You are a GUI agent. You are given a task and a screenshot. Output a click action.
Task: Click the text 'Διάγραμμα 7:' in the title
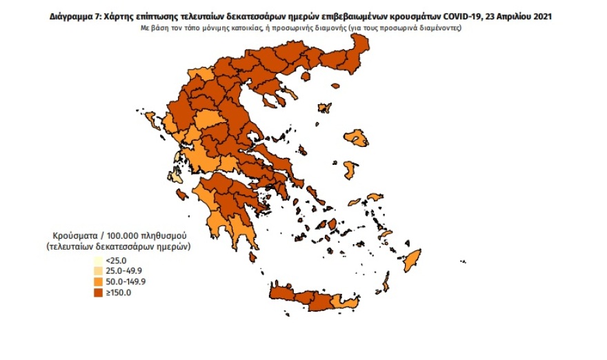coord(75,16)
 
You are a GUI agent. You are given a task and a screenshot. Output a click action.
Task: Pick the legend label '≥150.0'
coord(117,293)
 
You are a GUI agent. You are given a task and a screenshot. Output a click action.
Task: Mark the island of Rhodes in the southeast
coord(412,261)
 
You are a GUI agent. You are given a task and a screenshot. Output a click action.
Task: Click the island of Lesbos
coord(357,138)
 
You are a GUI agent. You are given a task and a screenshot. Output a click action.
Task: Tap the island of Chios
coord(350,169)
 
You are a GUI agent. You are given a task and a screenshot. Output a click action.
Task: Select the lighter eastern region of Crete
coord(343,301)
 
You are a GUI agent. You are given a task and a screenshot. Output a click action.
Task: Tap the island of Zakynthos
coord(182,194)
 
